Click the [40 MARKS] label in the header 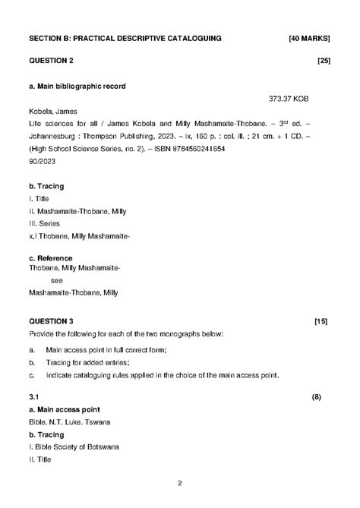pyautogui.click(x=309, y=36)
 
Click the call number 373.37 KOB pyautogui.click(x=289, y=99)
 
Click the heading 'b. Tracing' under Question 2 pyautogui.click(x=46, y=186)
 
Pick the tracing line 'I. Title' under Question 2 pyautogui.click(x=38, y=198)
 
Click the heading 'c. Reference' pyautogui.click(x=50, y=258)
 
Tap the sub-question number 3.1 pyautogui.click(x=34, y=397)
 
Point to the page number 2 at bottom pyautogui.click(x=179, y=484)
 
